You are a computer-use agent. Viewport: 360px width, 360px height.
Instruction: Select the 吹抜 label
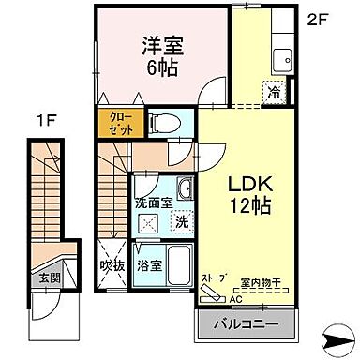(x=112, y=264)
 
